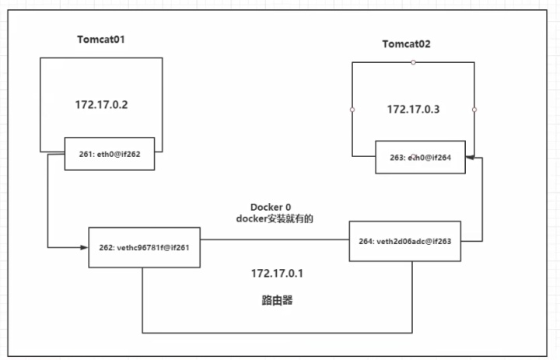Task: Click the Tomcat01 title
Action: (x=101, y=40)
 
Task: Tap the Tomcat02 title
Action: (x=407, y=44)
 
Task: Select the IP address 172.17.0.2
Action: (x=101, y=105)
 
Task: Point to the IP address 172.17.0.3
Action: (x=413, y=110)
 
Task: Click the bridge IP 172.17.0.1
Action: (x=277, y=274)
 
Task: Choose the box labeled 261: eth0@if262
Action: (x=110, y=154)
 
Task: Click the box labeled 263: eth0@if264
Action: (x=420, y=157)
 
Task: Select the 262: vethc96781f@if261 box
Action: (x=145, y=247)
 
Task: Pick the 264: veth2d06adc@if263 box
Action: (x=405, y=241)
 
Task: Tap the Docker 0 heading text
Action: (x=271, y=207)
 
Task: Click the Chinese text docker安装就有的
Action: (x=275, y=218)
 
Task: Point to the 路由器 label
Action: (x=277, y=300)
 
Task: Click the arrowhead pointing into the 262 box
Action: (x=84, y=247)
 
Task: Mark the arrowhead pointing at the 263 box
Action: (x=470, y=157)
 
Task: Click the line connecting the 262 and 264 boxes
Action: (x=275, y=239)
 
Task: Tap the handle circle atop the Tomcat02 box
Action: (x=413, y=62)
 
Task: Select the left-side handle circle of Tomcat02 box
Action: (x=352, y=110)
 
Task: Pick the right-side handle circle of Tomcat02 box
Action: (x=474, y=110)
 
